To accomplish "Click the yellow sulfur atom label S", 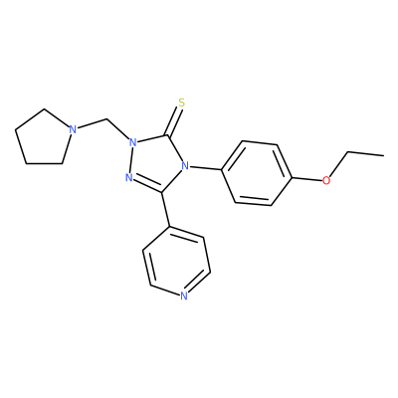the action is (x=181, y=102).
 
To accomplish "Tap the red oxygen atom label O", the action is (x=326, y=180).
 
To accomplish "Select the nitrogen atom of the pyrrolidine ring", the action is (x=73, y=129).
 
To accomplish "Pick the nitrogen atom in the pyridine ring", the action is (x=184, y=296).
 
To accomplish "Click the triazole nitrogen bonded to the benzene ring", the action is (x=185, y=165).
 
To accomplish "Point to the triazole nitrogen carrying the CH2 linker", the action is (x=132, y=142).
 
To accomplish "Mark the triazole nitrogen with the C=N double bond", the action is (x=129, y=177).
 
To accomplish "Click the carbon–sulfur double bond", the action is (x=174, y=121).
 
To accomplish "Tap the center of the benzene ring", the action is (x=257, y=174).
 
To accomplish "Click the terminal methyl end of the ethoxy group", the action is (x=384, y=155).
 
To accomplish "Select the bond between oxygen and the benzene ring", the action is (x=307, y=179).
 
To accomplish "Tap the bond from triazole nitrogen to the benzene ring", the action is (x=205, y=167).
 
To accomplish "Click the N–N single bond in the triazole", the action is (x=131, y=160).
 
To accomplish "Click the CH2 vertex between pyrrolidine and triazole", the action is (x=107, y=118).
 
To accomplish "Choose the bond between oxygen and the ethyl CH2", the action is (x=338, y=164).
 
